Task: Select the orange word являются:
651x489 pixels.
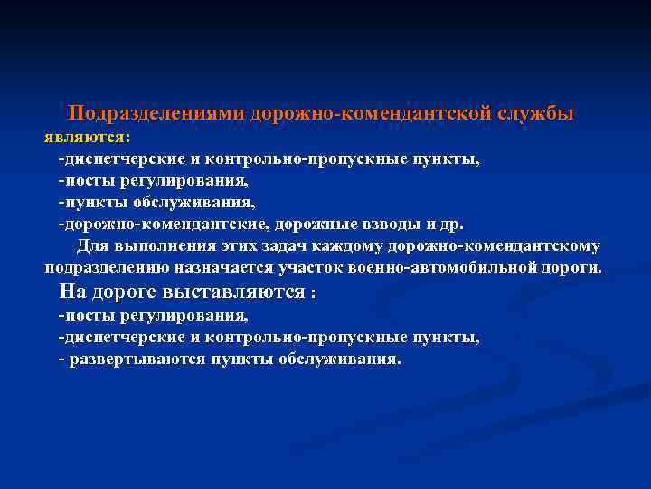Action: tap(88, 138)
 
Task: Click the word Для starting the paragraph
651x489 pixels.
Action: tap(92, 246)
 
